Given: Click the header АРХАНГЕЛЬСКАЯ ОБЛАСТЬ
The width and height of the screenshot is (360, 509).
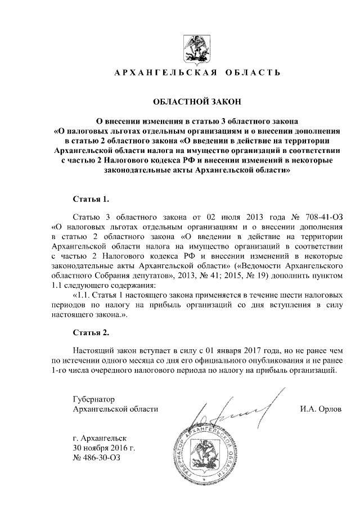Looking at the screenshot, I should [x=193, y=74].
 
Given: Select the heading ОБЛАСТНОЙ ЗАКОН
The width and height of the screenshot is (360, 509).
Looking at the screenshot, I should [x=193, y=102].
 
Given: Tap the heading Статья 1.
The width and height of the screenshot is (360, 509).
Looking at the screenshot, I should [x=90, y=199].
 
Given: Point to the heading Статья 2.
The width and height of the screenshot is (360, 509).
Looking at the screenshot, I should [x=91, y=332].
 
